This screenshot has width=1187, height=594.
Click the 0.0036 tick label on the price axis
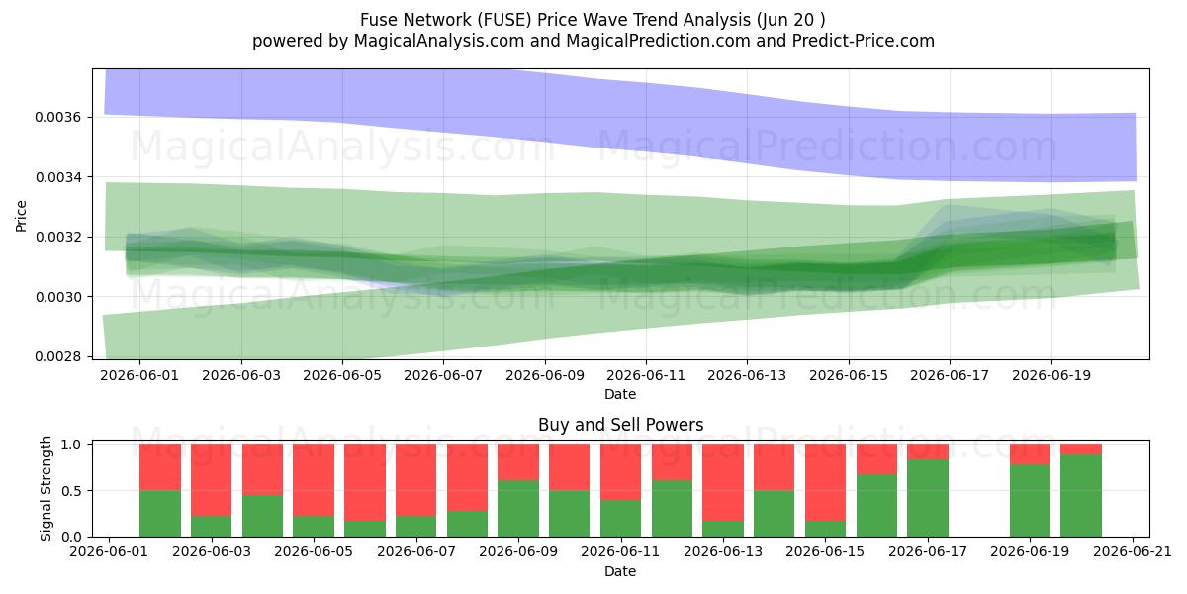[x=57, y=117]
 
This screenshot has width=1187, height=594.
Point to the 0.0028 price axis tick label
[x=57, y=357]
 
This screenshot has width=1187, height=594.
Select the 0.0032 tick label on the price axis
[x=57, y=237]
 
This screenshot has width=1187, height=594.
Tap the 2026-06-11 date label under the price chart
[x=646, y=375]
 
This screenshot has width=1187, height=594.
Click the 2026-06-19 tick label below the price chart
[x=1051, y=375]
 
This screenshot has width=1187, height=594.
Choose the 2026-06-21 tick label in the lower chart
[x=1133, y=552]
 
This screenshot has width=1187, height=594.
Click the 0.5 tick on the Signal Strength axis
[x=71, y=491]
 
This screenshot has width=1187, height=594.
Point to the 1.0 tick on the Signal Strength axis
[x=71, y=445]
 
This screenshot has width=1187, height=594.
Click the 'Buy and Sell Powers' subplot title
[x=620, y=425]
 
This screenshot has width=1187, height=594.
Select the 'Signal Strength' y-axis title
[x=46, y=488]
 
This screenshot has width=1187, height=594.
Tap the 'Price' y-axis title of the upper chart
[x=21, y=217]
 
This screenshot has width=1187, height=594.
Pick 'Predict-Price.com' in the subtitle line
[x=864, y=41]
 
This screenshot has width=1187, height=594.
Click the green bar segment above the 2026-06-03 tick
[x=211, y=526]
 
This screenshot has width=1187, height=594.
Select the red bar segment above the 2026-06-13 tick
[x=723, y=482]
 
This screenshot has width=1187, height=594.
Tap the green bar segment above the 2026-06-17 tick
[x=928, y=498]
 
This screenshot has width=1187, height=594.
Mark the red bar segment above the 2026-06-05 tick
[x=314, y=480]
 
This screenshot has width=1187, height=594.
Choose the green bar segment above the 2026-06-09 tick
[x=518, y=509]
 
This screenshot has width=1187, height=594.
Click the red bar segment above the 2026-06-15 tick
[x=825, y=482]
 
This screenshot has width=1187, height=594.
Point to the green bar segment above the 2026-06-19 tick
[x=1030, y=501]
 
